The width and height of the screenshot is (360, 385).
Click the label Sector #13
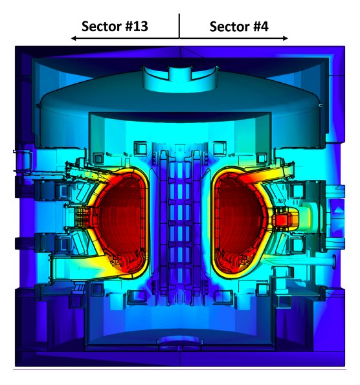tap(115, 26)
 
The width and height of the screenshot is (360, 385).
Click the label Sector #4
tap(239, 27)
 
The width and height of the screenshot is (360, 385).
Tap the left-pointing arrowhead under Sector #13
tap(73, 38)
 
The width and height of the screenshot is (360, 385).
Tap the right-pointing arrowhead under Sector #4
tap(285, 38)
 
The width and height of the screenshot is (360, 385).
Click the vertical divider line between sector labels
tap(179, 26)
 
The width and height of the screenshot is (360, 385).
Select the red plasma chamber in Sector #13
tap(120, 221)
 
